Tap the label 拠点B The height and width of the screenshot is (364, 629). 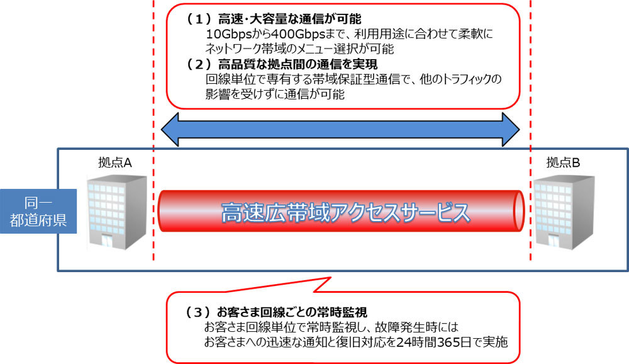[563, 162]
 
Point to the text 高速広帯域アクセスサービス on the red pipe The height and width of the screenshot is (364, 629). [345, 213]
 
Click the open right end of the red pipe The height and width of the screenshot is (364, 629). [519, 213]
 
